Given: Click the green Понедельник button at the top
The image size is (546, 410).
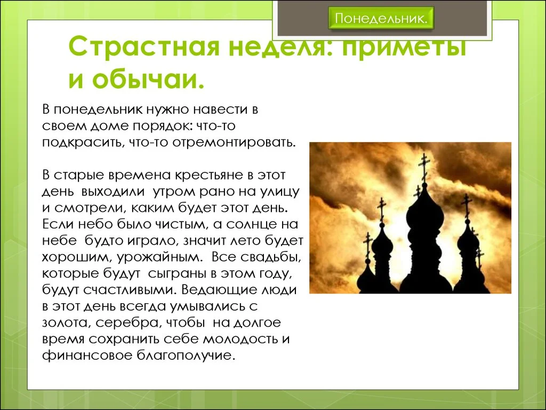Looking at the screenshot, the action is coord(381,18).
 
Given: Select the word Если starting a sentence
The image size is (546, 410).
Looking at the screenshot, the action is coord(58,224).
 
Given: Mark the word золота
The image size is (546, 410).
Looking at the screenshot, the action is coord(66,323).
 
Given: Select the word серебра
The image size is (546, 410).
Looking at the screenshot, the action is coord(129,323).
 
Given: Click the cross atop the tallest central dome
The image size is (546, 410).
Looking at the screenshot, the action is coord(424,166).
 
